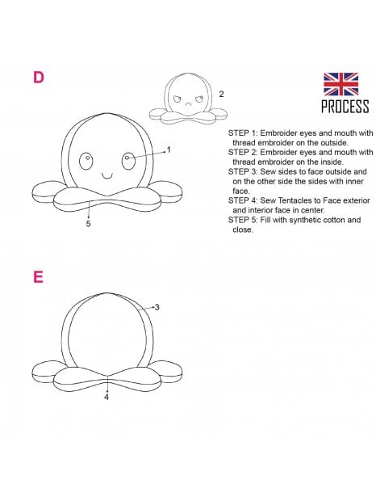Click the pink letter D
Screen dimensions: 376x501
[x=39, y=78]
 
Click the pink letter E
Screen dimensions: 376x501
[x=38, y=277]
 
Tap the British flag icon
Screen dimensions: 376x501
[x=341, y=84]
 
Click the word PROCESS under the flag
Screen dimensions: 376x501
[x=345, y=106]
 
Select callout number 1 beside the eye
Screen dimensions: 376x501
[x=169, y=149]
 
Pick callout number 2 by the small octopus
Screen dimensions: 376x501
[x=221, y=94]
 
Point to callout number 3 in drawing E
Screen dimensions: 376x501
[x=157, y=307]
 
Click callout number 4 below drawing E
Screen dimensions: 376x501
[x=107, y=397]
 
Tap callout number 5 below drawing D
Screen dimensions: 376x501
[x=88, y=224]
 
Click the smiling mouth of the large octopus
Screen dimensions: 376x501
[x=107, y=175]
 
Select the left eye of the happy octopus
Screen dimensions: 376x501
[x=86, y=161]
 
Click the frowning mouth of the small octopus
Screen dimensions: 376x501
[x=189, y=104]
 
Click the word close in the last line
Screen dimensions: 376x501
[x=243, y=229]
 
